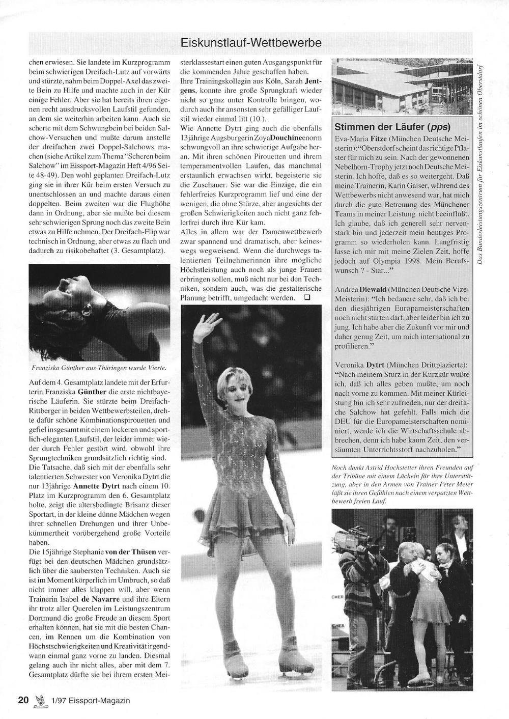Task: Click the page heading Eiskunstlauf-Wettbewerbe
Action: pos(251,43)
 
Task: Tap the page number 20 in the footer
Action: pos(23,700)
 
